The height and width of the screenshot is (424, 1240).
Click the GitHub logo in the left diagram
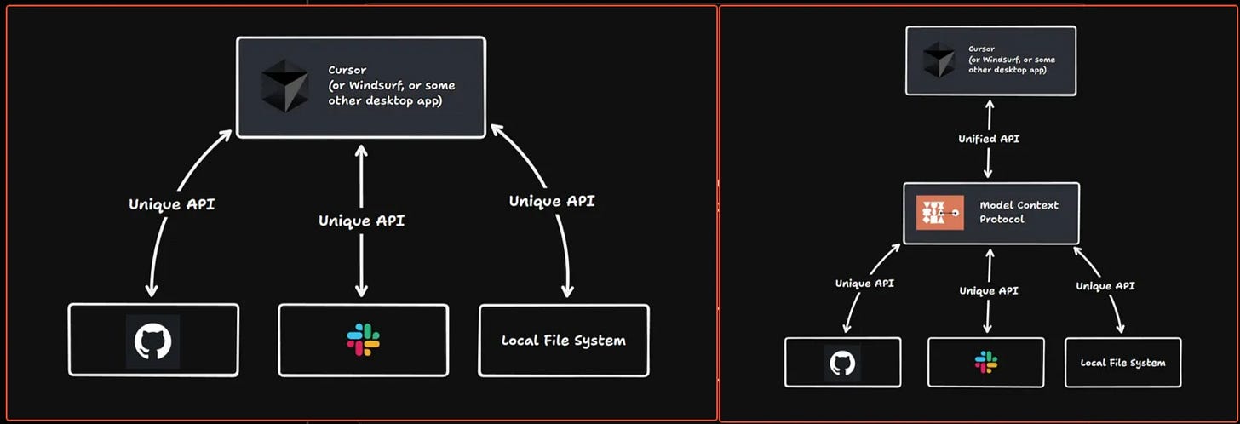(x=152, y=341)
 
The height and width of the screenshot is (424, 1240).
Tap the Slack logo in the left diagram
(x=363, y=340)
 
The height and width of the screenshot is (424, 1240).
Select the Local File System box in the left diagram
(x=564, y=341)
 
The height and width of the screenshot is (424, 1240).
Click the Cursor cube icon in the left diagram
(x=285, y=86)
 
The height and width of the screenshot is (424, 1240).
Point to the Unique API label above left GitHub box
(x=172, y=204)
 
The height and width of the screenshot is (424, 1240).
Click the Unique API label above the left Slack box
(x=361, y=221)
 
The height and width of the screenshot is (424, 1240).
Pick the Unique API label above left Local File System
(x=552, y=201)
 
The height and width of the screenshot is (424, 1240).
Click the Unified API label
(x=989, y=139)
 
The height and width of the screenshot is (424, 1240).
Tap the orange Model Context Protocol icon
(x=940, y=213)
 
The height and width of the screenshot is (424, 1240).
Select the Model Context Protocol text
(x=1019, y=212)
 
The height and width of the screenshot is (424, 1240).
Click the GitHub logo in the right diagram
(x=842, y=364)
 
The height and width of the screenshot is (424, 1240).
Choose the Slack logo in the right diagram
(x=986, y=362)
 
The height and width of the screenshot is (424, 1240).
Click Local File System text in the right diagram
(x=1122, y=363)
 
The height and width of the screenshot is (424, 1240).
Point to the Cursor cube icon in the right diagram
(x=939, y=60)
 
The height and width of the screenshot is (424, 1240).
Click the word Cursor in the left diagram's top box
(x=347, y=71)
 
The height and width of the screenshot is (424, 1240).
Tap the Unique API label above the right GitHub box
(x=864, y=284)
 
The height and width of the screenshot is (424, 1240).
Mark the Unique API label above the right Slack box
(x=989, y=290)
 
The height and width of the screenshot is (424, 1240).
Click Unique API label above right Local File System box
(x=1105, y=286)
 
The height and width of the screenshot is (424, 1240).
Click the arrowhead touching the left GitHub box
(x=152, y=290)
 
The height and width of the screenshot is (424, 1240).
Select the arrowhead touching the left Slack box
(x=361, y=290)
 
